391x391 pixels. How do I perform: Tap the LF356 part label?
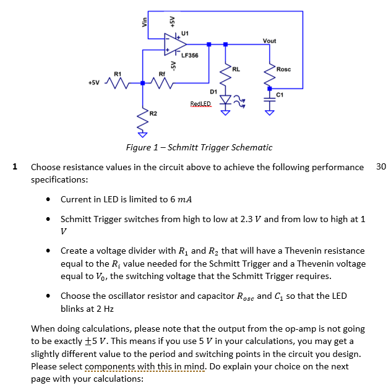pyautogui.click(x=190, y=55)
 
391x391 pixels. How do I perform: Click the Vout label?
pyautogui.click(x=270, y=41)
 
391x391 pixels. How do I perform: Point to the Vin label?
pyautogui.click(x=145, y=21)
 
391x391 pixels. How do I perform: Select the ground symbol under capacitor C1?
pyautogui.click(x=270, y=113)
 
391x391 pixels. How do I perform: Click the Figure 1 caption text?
pyautogui.click(x=199, y=147)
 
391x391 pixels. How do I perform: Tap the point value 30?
pyautogui.click(x=380, y=166)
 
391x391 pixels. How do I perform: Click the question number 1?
pyautogui.click(x=15, y=166)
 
